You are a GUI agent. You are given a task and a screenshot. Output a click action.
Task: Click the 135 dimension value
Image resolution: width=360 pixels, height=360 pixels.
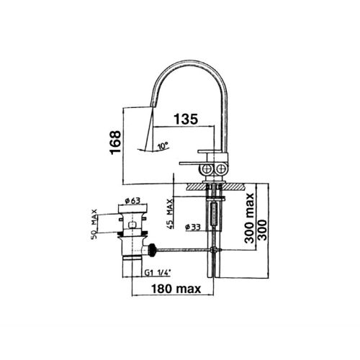[x=186, y=119]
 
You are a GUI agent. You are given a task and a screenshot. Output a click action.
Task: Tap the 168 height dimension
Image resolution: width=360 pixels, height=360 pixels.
[x=115, y=143]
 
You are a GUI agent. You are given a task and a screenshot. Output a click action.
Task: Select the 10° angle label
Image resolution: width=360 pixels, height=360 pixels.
[x=163, y=145]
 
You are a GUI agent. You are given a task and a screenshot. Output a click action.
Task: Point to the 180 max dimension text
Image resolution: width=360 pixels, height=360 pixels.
[x=176, y=289]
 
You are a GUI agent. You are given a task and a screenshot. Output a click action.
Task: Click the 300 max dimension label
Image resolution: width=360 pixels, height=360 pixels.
[x=250, y=218]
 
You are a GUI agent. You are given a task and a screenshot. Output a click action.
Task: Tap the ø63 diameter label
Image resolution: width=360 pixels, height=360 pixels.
[x=132, y=200]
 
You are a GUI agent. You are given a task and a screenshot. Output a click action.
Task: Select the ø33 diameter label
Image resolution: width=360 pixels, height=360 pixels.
[x=193, y=227]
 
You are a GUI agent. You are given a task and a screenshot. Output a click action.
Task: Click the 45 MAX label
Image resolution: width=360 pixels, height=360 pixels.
[x=170, y=214]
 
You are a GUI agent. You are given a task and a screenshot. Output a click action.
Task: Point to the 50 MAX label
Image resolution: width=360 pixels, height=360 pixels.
[x=94, y=224]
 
